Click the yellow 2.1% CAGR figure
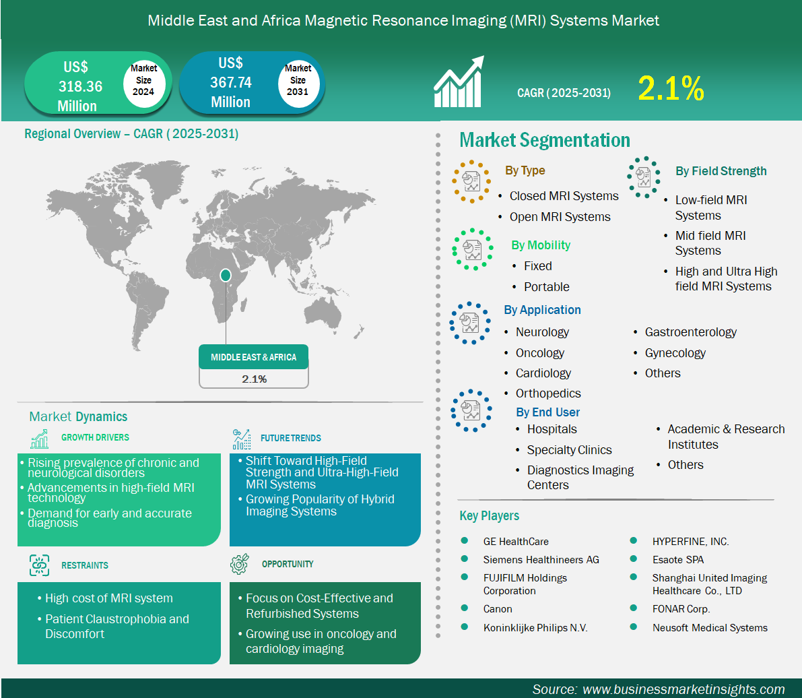[x=671, y=88]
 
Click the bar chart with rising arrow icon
[x=459, y=82]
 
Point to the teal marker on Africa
[x=225, y=276]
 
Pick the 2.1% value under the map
[x=255, y=379]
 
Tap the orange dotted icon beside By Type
[x=471, y=182]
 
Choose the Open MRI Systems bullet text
[x=560, y=217]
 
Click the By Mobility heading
[x=541, y=245]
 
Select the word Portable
[x=546, y=287]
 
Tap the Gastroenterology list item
[x=690, y=332]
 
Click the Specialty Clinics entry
[x=569, y=450]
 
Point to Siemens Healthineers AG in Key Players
[x=541, y=560]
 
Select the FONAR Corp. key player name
[x=681, y=609]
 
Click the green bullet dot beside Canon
[x=465, y=608]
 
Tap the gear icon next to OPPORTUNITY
[x=239, y=563]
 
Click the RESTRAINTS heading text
[x=85, y=565]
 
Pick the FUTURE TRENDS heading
[x=290, y=438]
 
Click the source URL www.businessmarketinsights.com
[x=683, y=689]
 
